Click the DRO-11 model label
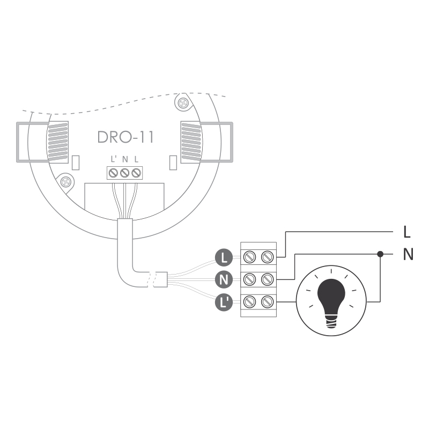pyautogui.click(x=125, y=137)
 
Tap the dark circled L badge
pyautogui.click(x=224, y=257)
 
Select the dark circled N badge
pyautogui.click(x=224, y=279)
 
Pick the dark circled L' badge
pyautogui.click(x=224, y=302)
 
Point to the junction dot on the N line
pyautogui.click(x=380, y=254)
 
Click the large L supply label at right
pyautogui.click(x=407, y=232)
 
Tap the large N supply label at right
pyautogui.click(x=408, y=254)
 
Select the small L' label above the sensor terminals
pyautogui.click(x=114, y=159)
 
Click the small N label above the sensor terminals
pyautogui.click(x=125, y=159)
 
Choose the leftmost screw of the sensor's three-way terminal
pyautogui.click(x=113, y=173)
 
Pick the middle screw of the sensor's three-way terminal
pyautogui.click(x=125, y=173)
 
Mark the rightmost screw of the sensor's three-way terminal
pyautogui.click(x=136, y=173)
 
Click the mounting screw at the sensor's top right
pyautogui.click(x=183, y=103)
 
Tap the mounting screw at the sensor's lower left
pyautogui.click(x=65, y=181)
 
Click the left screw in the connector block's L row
pyautogui.click(x=249, y=257)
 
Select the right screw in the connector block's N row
pyautogui.click(x=267, y=279)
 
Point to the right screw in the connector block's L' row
pyautogui.click(x=267, y=302)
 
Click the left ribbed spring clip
pyautogui.click(x=58, y=142)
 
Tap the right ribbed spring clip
pyautogui.click(x=191, y=142)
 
